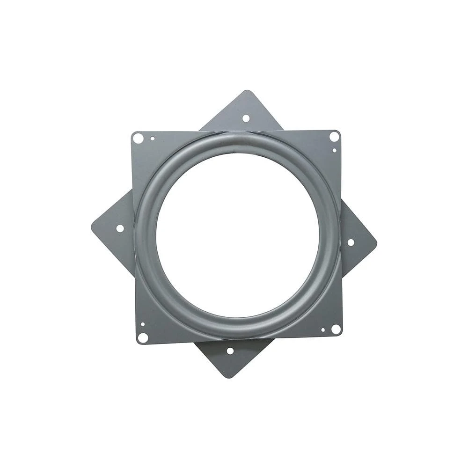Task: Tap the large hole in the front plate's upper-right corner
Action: coord(334,136)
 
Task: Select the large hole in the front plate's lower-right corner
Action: coord(336,329)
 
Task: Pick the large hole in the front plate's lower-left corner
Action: coord(143,337)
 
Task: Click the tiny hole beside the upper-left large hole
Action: coord(152,139)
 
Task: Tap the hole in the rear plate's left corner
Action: coord(120,228)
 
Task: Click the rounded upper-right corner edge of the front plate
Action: coord(339,132)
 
